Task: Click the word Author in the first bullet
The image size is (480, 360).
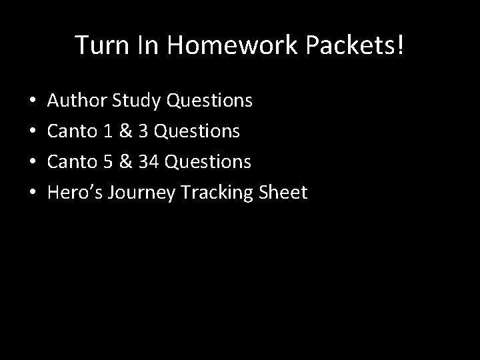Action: click(78, 101)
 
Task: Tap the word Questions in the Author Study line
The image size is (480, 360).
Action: click(209, 101)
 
